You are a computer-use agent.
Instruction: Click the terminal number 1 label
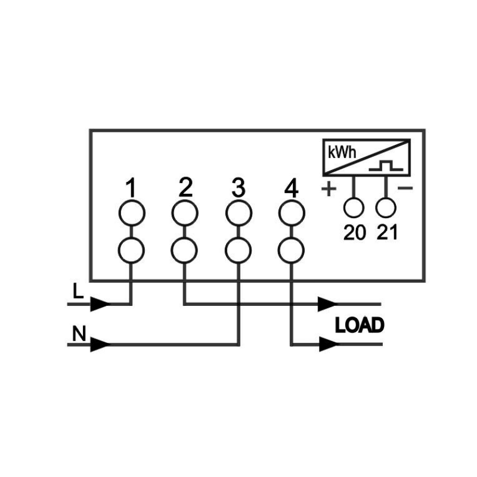tap(131, 189)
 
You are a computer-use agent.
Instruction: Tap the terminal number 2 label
tap(185, 188)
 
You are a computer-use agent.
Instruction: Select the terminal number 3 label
tap(238, 189)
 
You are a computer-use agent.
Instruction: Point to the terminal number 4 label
tap(291, 189)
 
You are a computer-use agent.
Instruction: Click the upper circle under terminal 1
tap(131, 213)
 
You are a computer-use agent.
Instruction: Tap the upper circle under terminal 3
tap(238, 213)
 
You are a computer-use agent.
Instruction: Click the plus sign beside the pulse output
tap(329, 190)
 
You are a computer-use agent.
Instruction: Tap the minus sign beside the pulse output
tap(406, 189)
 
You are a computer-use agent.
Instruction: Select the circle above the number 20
tap(354, 207)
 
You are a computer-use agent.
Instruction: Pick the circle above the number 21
tap(386, 207)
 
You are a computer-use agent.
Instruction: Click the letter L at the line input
tap(77, 292)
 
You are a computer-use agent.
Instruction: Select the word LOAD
tap(360, 326)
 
